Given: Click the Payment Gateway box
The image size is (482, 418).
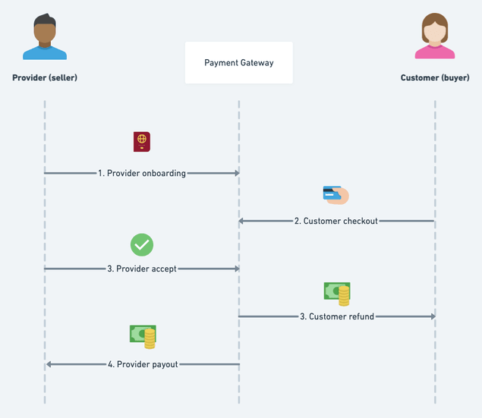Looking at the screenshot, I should coord(238,63).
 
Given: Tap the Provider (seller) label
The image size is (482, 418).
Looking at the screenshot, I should coord(45,77).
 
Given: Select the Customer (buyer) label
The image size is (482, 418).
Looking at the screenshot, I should coord(435,77).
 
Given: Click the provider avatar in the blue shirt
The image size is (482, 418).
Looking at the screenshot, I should coord(45,37).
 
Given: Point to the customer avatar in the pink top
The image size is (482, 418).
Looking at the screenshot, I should coord(435,37).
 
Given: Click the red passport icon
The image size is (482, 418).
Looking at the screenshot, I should coord(142,142).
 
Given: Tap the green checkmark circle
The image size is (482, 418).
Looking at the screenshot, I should coord(142,244).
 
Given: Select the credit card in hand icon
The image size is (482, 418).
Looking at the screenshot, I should coord(336,195).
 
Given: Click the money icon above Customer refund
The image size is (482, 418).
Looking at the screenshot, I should coord(337,293).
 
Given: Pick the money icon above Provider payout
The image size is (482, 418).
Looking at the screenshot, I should coord(143,336).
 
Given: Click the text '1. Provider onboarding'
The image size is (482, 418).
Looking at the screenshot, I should coord(142,173).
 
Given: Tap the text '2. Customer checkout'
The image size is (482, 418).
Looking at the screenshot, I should coord(337,221).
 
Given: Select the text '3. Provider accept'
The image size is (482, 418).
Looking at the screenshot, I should coord(142,269).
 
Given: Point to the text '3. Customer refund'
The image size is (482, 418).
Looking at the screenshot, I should coord(337,316).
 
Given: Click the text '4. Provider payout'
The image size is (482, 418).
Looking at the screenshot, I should coord(143,364).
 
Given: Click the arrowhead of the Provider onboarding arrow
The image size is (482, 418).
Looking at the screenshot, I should coord(237,173).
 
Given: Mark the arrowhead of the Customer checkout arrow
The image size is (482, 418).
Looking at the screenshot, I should coord(242,221).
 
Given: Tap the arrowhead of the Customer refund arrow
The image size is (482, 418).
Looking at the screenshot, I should coord(432,316).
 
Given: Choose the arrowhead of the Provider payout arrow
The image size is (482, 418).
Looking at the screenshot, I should coord(49,364).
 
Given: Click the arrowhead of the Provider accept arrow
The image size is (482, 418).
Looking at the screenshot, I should coord(237,269).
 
